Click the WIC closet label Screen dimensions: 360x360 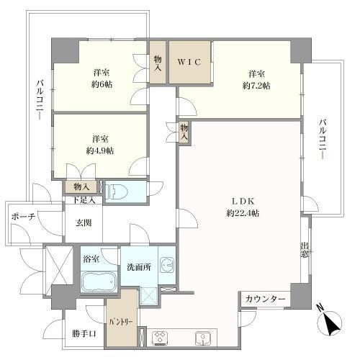tap(191, 62)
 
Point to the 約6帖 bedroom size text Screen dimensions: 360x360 tap(100, 85)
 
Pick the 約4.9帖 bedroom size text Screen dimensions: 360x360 tap(100, 150)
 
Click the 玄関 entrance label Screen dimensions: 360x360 tap(84, 223)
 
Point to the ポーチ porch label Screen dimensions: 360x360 tap(22, 217)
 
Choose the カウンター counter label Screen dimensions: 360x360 tap(264, 299)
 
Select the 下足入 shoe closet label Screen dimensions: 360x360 tap(84, 199)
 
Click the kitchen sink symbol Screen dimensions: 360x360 tap(204, 336)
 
